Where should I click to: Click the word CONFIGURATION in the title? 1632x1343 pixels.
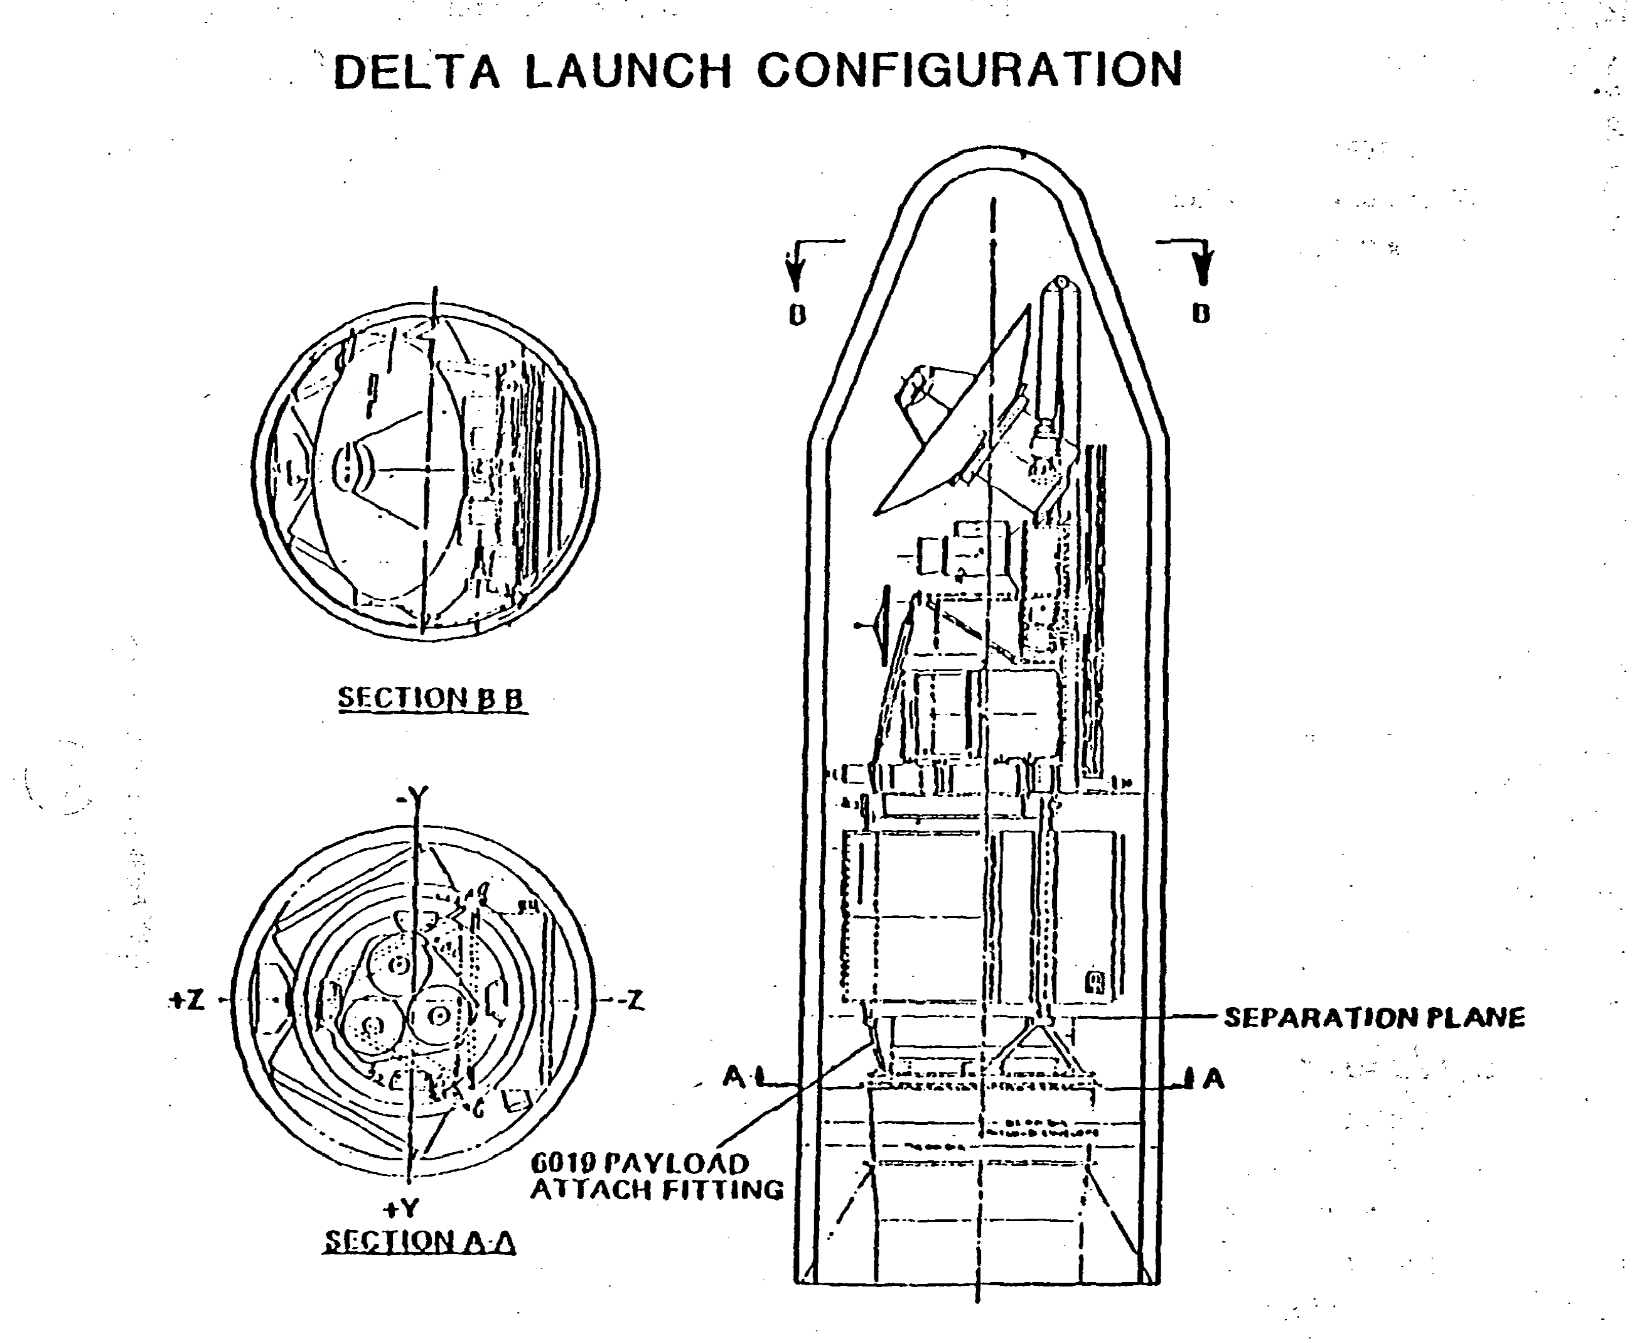(x=969, y=70)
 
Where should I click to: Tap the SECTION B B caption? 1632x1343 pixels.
(x=432, y=699)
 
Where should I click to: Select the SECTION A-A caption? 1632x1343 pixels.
(x=419, y=1242)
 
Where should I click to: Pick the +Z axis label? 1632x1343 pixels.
(x=187, y=1001)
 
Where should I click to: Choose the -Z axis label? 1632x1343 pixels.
(x=630, y=1001)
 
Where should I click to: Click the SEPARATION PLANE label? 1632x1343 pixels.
(x=1373, y=1017)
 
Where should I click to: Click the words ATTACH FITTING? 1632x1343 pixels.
(x=656, y=1189)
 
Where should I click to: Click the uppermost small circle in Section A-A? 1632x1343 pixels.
(x=399, y=964)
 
